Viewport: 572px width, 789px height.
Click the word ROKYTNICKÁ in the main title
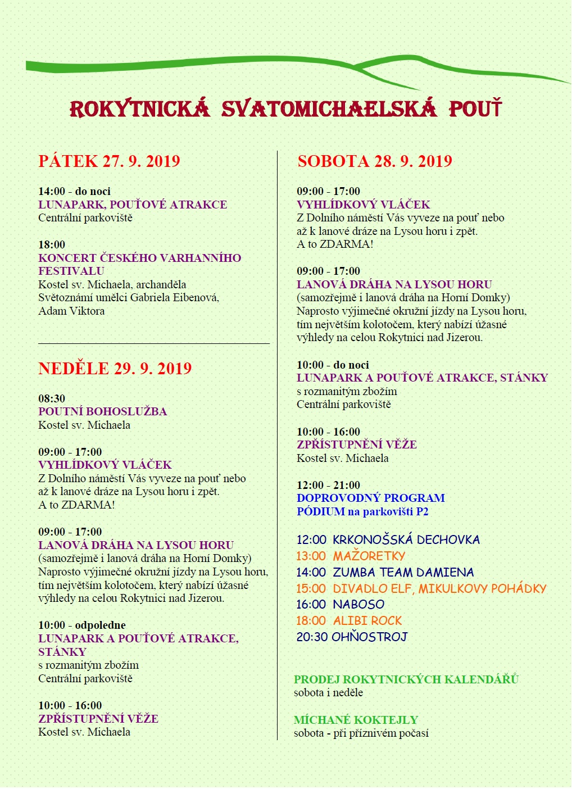coord(139,109)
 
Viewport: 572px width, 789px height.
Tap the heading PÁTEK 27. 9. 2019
coord(109,161)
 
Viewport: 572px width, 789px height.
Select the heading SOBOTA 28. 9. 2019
coord(375,161)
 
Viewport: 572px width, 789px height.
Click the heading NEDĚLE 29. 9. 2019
coord(115,369)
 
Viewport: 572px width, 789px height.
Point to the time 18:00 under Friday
coord(52,244)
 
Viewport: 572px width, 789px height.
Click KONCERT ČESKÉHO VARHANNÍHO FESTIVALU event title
coord(139,264)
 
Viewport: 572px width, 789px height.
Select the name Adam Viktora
coord(71,311)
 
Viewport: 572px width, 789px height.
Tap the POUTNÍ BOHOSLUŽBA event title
coord(103,411)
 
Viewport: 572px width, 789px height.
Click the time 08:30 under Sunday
coord(52,398)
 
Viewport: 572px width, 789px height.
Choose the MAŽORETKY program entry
coord(369,556)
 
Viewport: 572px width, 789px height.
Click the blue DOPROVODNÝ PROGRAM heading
coord(371,498)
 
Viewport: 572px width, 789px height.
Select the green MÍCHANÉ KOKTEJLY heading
coord(356,720)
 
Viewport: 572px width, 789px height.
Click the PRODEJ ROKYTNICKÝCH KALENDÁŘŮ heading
coord(406,679)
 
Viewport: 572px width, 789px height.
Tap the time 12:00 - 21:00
coord(329,485)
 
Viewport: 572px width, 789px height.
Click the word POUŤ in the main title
coord(475,109)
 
